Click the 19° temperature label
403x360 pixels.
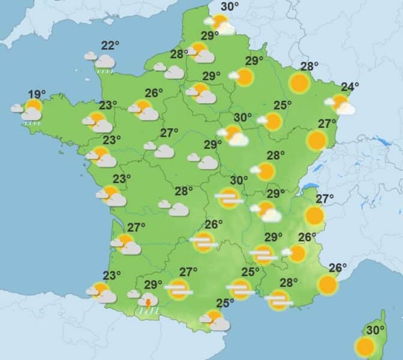pyautogui.click(x=37, y=94)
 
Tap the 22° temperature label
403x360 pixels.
pyautogui.click(x=109, y=46)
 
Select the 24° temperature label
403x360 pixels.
pyautogui.click(x=350, y=86)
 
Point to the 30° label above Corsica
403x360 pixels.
pyautogui.click(x=375, y=331)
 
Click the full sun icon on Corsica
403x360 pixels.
pyautogui.click(x=364, y=346)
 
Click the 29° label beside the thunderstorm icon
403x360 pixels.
pyautogui.click(x=153, y=284)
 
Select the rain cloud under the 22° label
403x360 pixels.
pyautogui.click(x=105, y=62)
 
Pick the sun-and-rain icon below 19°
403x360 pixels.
pyautogui.click(x=31, y=111)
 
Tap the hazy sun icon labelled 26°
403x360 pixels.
pyautogui.click(x=204, y=242)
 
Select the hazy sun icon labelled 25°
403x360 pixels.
pyautogui.click(x=241, y=289)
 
